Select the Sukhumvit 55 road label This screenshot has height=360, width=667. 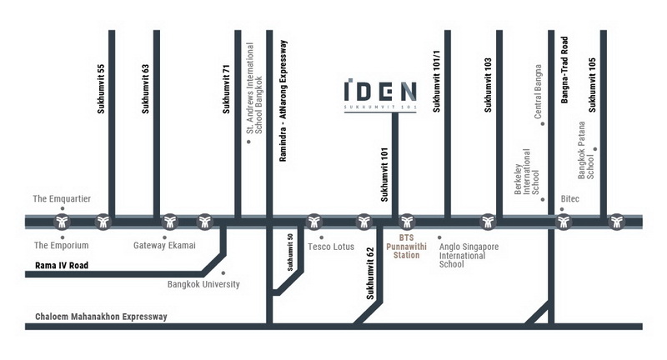click(100, 87)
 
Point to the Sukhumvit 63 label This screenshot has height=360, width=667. click(145, 87)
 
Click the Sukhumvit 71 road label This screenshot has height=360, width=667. click(226, 87)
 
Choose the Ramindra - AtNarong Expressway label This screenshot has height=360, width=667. click(283, 100)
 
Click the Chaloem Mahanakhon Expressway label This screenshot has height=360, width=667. click(101, 317)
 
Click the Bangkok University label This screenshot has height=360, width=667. click(203, 284)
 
